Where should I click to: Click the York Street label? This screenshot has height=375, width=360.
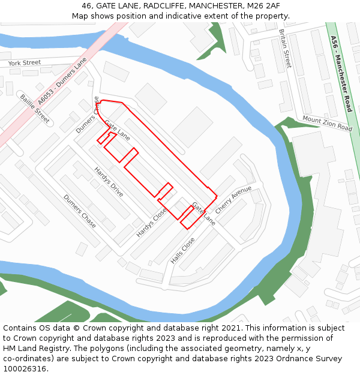[25, 62]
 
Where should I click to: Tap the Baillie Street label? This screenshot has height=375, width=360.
[35, 108]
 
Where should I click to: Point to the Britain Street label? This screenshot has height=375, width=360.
[284, 48]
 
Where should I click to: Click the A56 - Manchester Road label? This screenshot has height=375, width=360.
[341, 73]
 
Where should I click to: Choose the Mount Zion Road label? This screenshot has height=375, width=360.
[327, 124]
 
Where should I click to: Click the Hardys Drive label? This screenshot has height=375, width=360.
[109, 182]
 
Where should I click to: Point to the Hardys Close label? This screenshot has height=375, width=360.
[152, 222]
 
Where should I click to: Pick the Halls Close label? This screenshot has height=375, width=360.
[182, 251]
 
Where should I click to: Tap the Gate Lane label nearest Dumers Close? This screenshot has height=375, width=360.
[117, 130]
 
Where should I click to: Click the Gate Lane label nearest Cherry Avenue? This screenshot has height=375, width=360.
[203, 213]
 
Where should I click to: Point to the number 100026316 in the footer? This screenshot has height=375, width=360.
[25, 368]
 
